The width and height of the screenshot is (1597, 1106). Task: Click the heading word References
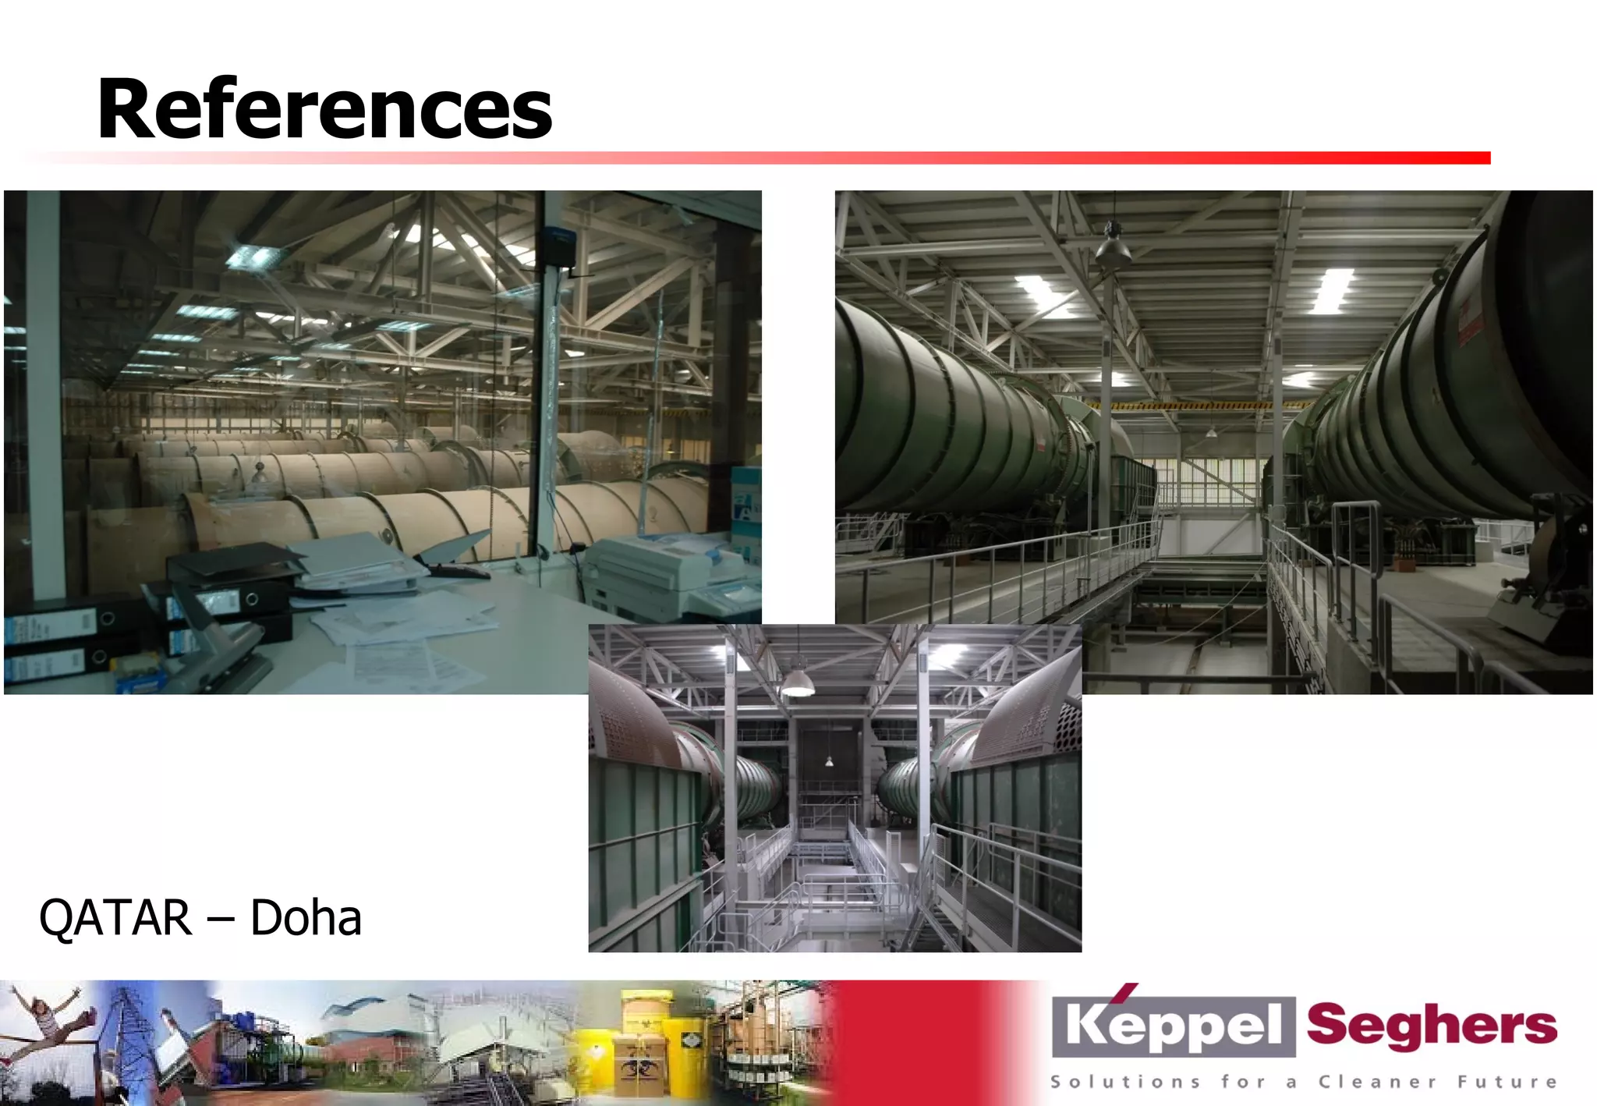324,109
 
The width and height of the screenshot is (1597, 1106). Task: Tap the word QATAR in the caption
115,917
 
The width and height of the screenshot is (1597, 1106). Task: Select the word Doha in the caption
306,917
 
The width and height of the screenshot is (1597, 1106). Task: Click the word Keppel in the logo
1173,1025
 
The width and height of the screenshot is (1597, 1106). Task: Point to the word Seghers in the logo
1432,1025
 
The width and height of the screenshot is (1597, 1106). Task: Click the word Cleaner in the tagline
1377,1082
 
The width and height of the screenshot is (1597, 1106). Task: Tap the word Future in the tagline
1507,1082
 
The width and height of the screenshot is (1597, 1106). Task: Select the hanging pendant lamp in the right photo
1113,247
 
